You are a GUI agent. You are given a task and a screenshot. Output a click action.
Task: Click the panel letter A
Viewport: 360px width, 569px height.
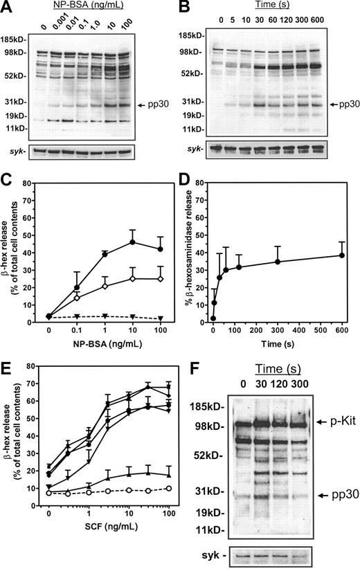click(x=8, y=8)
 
